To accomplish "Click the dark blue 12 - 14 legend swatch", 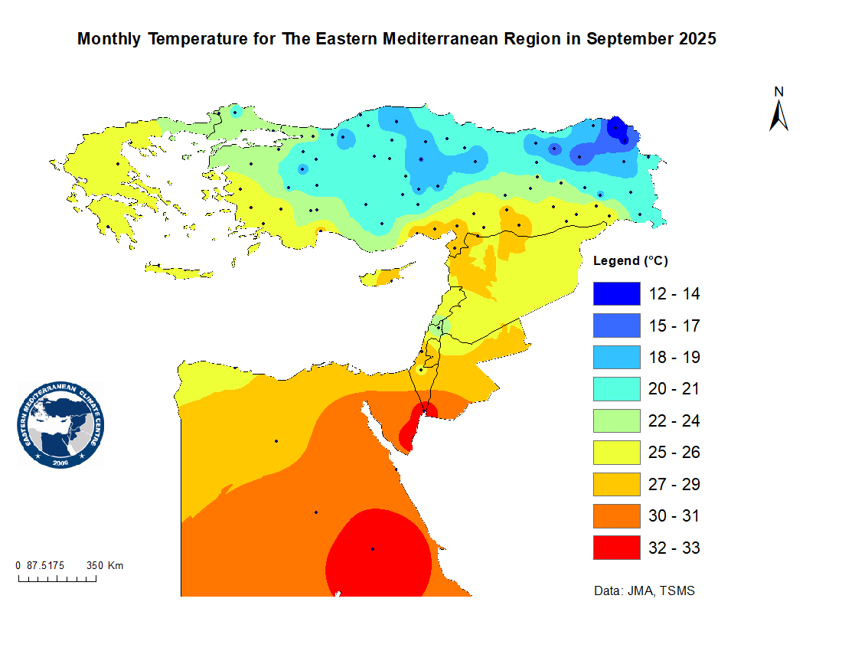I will [616, 293].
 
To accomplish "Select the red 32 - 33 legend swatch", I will [616, 548].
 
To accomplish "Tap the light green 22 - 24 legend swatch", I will [616, 420].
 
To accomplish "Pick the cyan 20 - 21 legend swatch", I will [616, 388].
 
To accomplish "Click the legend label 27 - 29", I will [674, 484].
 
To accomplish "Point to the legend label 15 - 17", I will [674, 325].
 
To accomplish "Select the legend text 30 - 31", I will [674, 516].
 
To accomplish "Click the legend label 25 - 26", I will [674, 452].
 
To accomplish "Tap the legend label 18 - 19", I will [674, 357].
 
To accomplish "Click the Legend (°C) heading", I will [631, 260].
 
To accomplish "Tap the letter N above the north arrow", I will [779, 92].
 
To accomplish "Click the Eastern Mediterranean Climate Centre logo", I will [60, 425].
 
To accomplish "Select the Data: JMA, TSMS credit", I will [645, 591].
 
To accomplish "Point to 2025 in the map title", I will [697, 39].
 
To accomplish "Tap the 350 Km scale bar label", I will [105, 566].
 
